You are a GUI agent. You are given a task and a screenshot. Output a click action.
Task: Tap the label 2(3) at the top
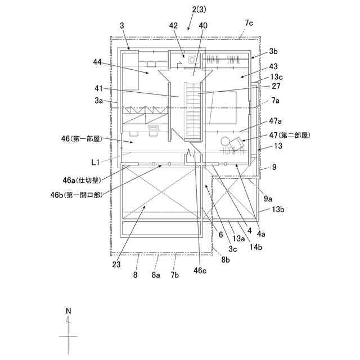(x=197, y=10)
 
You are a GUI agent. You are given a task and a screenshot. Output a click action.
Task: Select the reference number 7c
(x=250, y=23)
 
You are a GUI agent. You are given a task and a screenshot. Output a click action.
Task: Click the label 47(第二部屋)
(x=290, y=135)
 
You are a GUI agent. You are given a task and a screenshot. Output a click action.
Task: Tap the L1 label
(x=96, y=161)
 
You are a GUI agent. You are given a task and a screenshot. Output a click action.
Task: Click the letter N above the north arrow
(x=69, y=310)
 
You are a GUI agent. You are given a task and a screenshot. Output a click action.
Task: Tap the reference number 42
(x=173, y=26)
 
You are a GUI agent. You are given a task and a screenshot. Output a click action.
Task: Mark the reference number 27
(x=276, y=86)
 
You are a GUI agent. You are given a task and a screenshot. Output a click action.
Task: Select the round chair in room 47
(x=226, y=142)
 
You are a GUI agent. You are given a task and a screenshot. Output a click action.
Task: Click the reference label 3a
(x=99, y=101)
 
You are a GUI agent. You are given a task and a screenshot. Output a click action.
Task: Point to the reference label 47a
(x=276, y=121)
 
